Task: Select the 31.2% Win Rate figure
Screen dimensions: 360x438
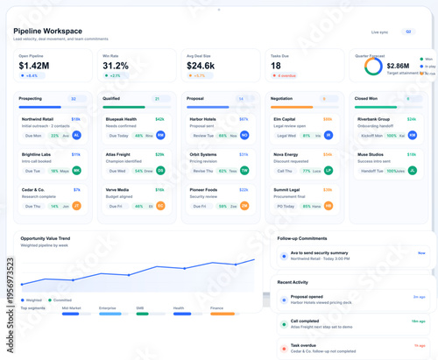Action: point(116,66)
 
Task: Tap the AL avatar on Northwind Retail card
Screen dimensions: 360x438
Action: point(76,135)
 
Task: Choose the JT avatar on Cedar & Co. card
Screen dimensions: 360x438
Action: point(76,206)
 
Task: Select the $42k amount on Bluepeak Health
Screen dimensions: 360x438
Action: point(159,119)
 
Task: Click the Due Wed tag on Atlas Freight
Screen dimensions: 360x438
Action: point(117,170)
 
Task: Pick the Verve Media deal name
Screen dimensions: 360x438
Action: point(117,189)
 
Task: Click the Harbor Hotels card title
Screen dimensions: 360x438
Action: point(204,119)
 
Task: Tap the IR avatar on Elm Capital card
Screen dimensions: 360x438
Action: point(328,135)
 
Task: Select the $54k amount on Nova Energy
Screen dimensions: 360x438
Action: point(328,154)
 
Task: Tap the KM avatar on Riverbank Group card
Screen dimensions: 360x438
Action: point(413,135)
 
